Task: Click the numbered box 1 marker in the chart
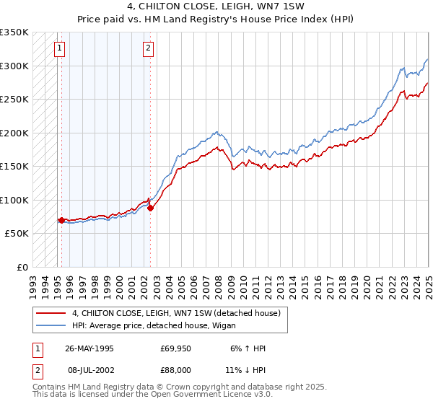tap(58, 49)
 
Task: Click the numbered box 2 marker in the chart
tap(148, 49)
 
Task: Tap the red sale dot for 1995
tap(62, 219)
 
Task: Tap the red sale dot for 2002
tap(151, 208)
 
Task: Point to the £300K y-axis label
tap(14, 66)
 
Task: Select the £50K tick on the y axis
tap(17, 234)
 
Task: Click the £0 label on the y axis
tap(22, 267)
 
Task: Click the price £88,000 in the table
tap(175, 369)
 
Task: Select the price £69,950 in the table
tap(175, 348)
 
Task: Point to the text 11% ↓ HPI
tap(245, 369)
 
